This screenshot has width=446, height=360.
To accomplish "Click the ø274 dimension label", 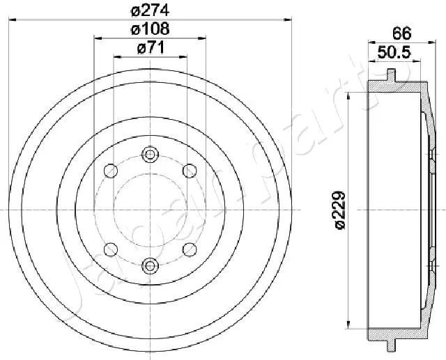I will click(x=151, y=10).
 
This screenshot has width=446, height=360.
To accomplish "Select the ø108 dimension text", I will click(x=151, y=29).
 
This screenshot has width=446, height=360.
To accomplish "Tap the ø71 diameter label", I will click(x=151, y=48).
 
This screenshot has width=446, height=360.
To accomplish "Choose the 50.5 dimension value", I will click(x=392, y=52).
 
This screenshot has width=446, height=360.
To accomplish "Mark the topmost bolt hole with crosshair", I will click(x=149, y=154).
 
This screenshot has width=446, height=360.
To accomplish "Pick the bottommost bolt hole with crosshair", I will click(x=149, y=265).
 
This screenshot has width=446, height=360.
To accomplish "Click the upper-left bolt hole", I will click(x=110, y=169).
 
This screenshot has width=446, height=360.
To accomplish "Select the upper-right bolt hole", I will click(x=188, y=169).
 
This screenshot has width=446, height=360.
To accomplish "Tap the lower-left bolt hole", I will click(x=110, y=249).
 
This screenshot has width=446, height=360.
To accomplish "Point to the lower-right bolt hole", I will click(x=188, y=249).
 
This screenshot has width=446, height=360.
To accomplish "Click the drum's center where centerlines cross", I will click(x=149, y=210).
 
